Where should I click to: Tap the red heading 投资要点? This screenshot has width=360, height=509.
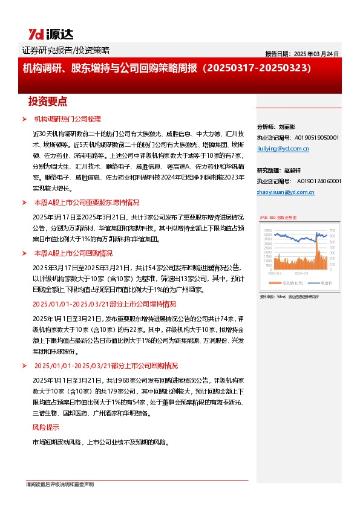pyautogui.click(x=48, y=100)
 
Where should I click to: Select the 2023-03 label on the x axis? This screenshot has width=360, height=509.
pyautogui.click(x=275, y=273)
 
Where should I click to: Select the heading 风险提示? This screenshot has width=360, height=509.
pyautogui.click(x=45, y=427)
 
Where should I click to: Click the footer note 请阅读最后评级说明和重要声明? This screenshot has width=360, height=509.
pyautogui.click(x=58, y=485)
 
